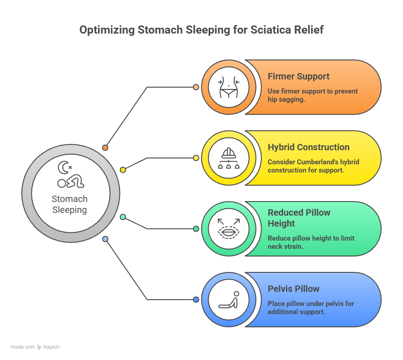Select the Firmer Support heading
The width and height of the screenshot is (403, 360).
[298, 76]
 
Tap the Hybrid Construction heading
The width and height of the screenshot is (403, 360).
[308, 147]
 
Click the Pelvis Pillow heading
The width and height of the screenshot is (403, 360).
[293, 289]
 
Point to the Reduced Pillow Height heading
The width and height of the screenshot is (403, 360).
[299, 218]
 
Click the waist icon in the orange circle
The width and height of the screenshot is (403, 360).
[228, 87]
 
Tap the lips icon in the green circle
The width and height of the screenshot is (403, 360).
[228, 229]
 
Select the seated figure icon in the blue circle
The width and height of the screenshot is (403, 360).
[228, 300]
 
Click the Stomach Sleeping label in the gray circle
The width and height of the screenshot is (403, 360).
[69, 204]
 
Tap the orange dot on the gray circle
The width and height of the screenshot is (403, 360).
[105, 148]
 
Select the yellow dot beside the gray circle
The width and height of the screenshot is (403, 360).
[123, 170]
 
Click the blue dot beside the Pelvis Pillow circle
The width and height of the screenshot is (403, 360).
[196, 300]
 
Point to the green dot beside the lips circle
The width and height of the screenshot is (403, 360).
[196, 229]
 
